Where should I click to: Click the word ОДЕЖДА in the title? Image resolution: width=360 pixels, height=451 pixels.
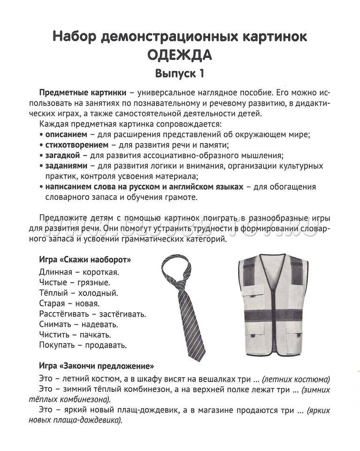click(x=180, y=54)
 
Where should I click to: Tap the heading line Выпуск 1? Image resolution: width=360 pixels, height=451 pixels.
click(x=180, y=74)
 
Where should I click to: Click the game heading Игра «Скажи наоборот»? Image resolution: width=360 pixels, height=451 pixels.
click(x=85, y=260)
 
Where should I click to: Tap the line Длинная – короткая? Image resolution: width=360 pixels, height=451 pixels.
click(x=79, y=272)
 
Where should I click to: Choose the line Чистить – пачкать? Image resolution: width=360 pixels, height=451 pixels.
click(x=75, y=335)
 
